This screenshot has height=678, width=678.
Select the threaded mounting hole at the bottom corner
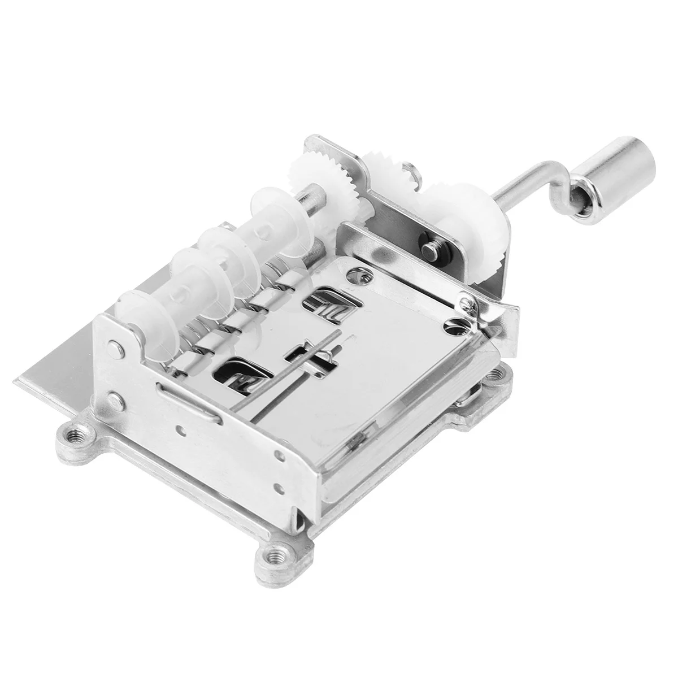pos(277,581)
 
